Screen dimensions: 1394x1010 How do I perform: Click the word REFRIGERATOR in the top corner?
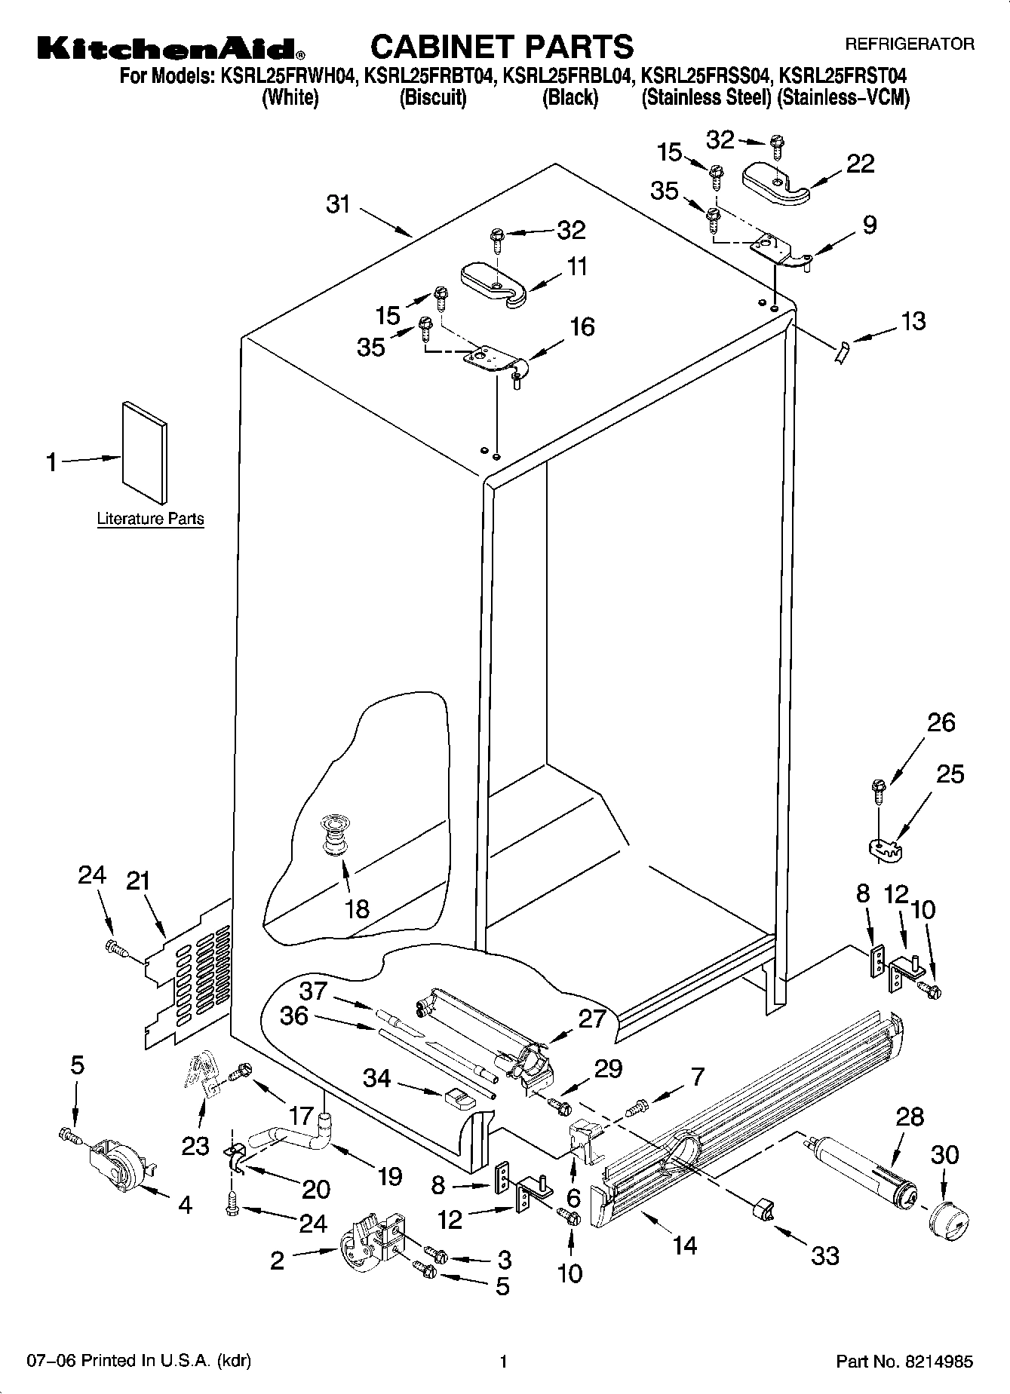click(x=909, y=44)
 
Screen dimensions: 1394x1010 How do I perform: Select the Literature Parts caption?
click(x=150, y=519)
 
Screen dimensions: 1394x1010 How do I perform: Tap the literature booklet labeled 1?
click(x=144, y=451)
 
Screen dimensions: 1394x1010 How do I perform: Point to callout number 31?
click(x=339, y=204)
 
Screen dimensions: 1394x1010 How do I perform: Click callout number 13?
click(x=913, y=321)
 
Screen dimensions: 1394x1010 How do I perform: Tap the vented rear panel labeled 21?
click(x=189, y=976)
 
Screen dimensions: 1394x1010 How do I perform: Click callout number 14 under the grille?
click(x=684, y=1245)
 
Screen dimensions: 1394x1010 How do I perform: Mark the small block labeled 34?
click(x=459, y=1097)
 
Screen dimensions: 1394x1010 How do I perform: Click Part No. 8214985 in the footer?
click(x=904, y=1362)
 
